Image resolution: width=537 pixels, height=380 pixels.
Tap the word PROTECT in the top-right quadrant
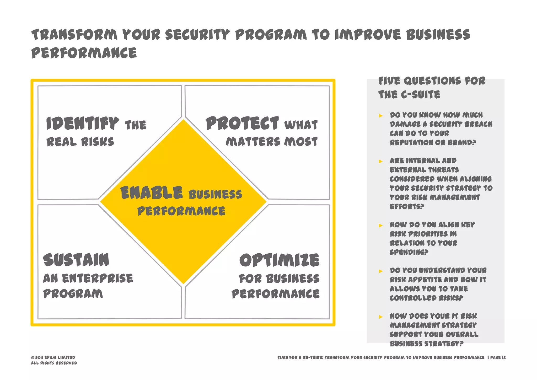pos(242,124)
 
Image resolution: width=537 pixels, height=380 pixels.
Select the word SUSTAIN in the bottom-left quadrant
pos(76,260)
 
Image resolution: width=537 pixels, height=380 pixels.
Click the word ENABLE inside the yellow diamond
pos(151,193)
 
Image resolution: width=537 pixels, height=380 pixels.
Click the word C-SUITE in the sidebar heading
pos(421,95)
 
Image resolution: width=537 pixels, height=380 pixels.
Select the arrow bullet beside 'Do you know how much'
pos(381,116)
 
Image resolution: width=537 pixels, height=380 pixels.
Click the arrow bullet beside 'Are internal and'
pos(381,161)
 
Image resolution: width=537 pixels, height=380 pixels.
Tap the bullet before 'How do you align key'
pos(381,226)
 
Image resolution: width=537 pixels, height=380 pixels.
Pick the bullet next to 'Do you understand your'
pos(381,271)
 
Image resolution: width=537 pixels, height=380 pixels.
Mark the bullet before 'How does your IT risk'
pos(381,317)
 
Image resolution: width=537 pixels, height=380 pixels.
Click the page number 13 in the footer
pos(504,358)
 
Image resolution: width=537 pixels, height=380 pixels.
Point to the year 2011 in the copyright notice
pos(39,358)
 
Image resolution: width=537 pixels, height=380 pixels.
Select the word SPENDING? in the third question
pos(409,252)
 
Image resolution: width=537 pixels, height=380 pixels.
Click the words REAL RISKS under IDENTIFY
pos(80,142)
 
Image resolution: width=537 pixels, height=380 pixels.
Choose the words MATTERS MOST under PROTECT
pos(272,142)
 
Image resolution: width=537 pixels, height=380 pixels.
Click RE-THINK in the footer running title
pos(313,358)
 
